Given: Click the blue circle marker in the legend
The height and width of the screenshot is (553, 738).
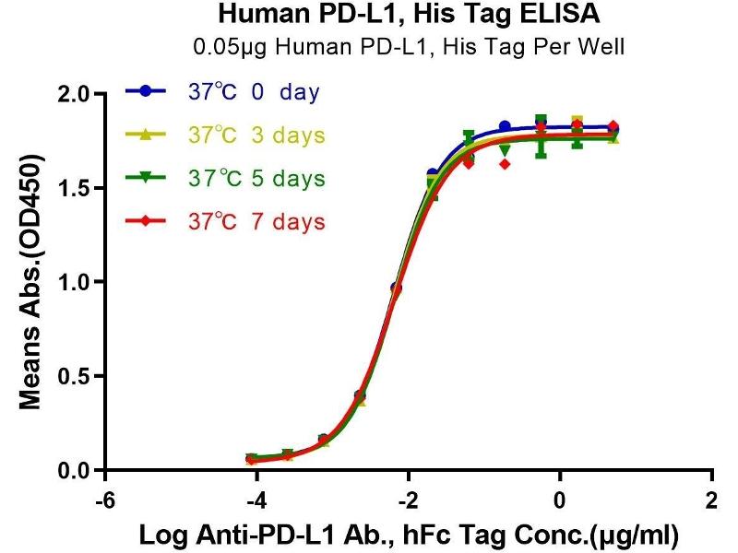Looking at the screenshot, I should (144, 92).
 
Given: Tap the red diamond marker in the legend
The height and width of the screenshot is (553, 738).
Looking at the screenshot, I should (144, 221).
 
